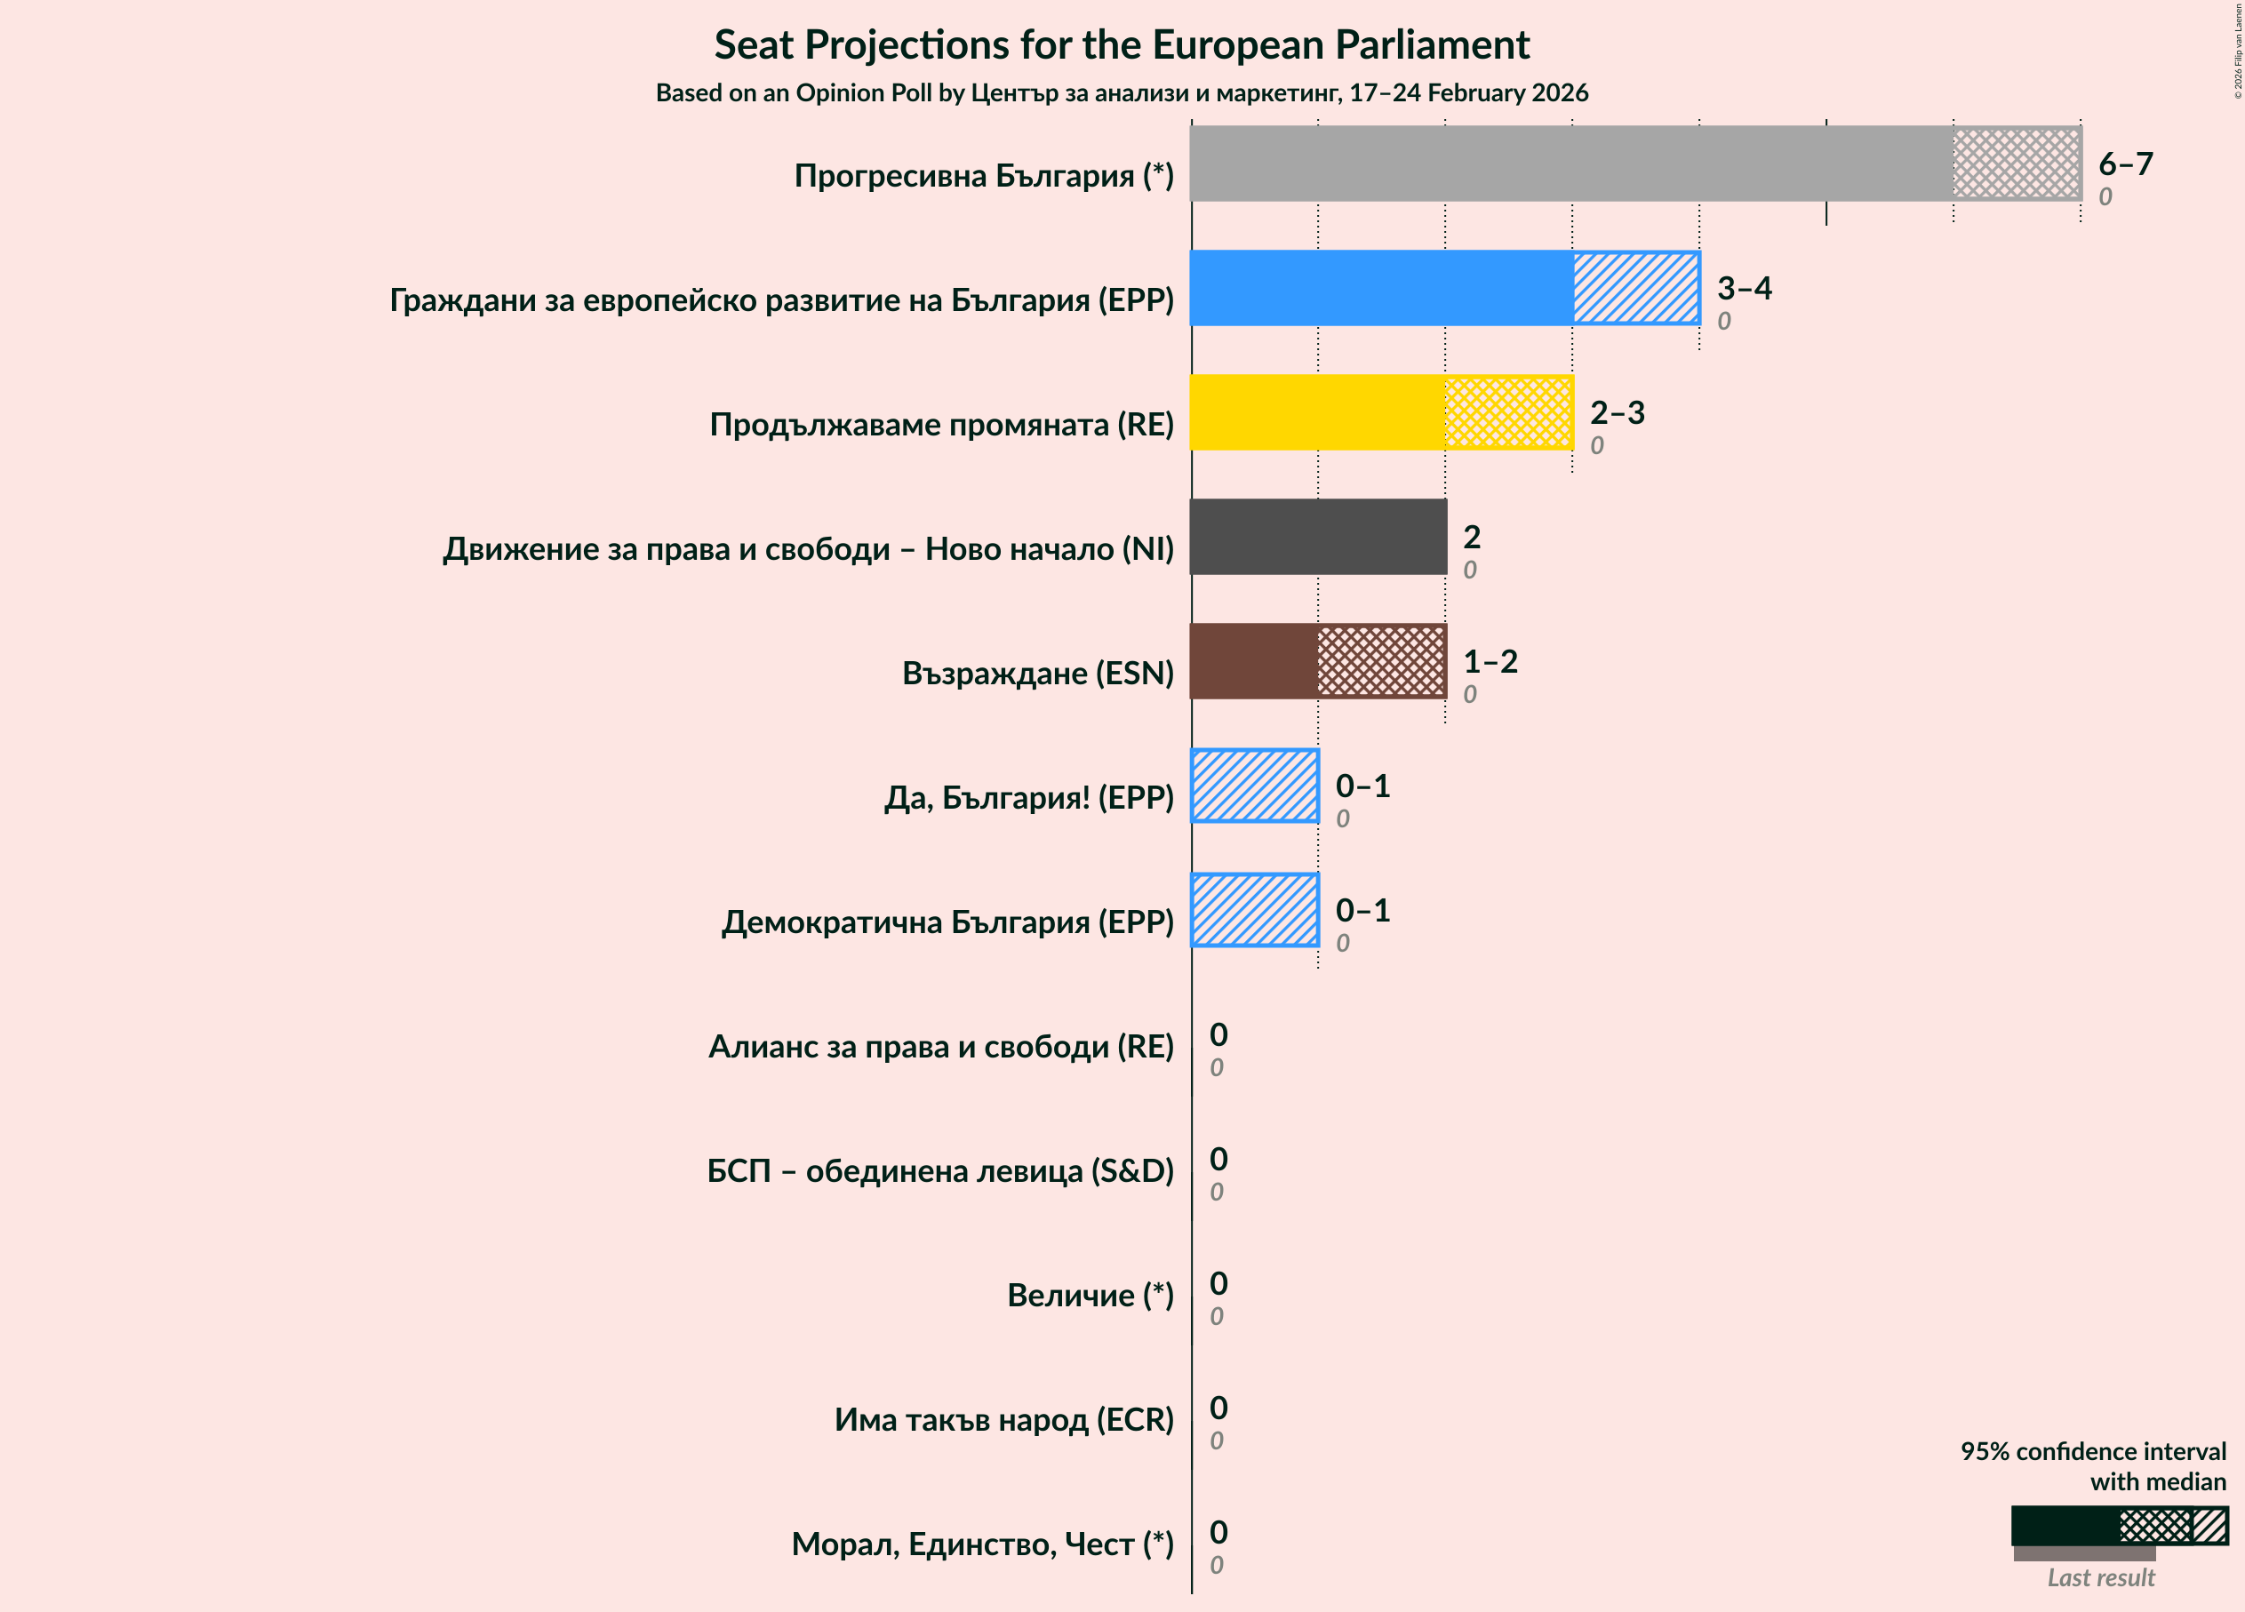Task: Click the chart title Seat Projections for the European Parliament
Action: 1122,45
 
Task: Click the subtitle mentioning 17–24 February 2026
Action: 1122,93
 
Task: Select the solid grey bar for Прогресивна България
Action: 1571,164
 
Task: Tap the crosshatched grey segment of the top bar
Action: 2017,164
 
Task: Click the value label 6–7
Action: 2125,164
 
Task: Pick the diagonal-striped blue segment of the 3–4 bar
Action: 1636,288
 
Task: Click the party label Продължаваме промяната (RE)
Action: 941,425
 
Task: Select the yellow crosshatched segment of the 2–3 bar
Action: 1508,412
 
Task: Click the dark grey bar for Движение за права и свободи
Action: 1317,537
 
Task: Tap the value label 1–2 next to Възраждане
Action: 1490,661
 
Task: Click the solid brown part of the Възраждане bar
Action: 1254,661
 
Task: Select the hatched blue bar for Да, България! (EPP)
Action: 1254,786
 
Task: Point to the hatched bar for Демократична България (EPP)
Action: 1254,909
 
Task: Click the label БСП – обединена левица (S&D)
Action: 939,1170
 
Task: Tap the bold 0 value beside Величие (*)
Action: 1218,1283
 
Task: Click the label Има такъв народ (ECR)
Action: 1003,1420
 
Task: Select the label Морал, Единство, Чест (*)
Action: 982,1544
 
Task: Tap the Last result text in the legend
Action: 2100,1578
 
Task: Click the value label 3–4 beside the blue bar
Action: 1744,288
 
